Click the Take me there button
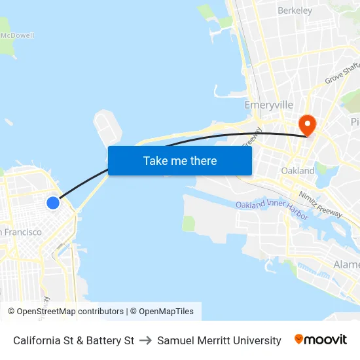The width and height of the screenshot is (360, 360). (x=179, y=160)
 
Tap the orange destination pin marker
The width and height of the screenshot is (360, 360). (x=306, y=124)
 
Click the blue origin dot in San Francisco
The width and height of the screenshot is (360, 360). (x=53, y=203)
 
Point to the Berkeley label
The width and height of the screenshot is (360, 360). (x=295, y=10)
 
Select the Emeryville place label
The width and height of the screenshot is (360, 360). (x=268, y=105)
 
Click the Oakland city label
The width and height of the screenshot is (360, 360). (x=298, y=171)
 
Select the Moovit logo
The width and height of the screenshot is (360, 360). (x=321, y=340)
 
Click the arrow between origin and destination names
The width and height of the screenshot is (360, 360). (x=145, y=340)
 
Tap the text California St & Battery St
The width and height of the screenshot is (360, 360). (x=73, y=340)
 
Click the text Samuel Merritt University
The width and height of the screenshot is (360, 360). (x=219, y=340)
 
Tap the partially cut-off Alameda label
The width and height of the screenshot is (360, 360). (x=347, y=264)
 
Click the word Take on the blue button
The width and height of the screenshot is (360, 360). (x=155, y=160)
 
